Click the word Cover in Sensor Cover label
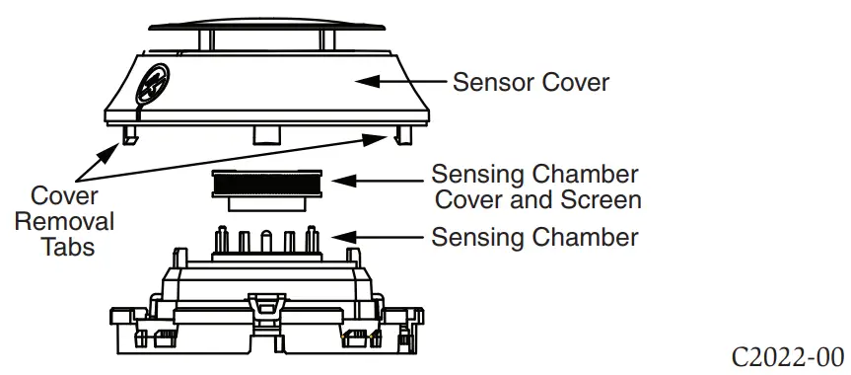tap(576, 81)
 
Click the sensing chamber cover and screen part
tap(264, 187)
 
